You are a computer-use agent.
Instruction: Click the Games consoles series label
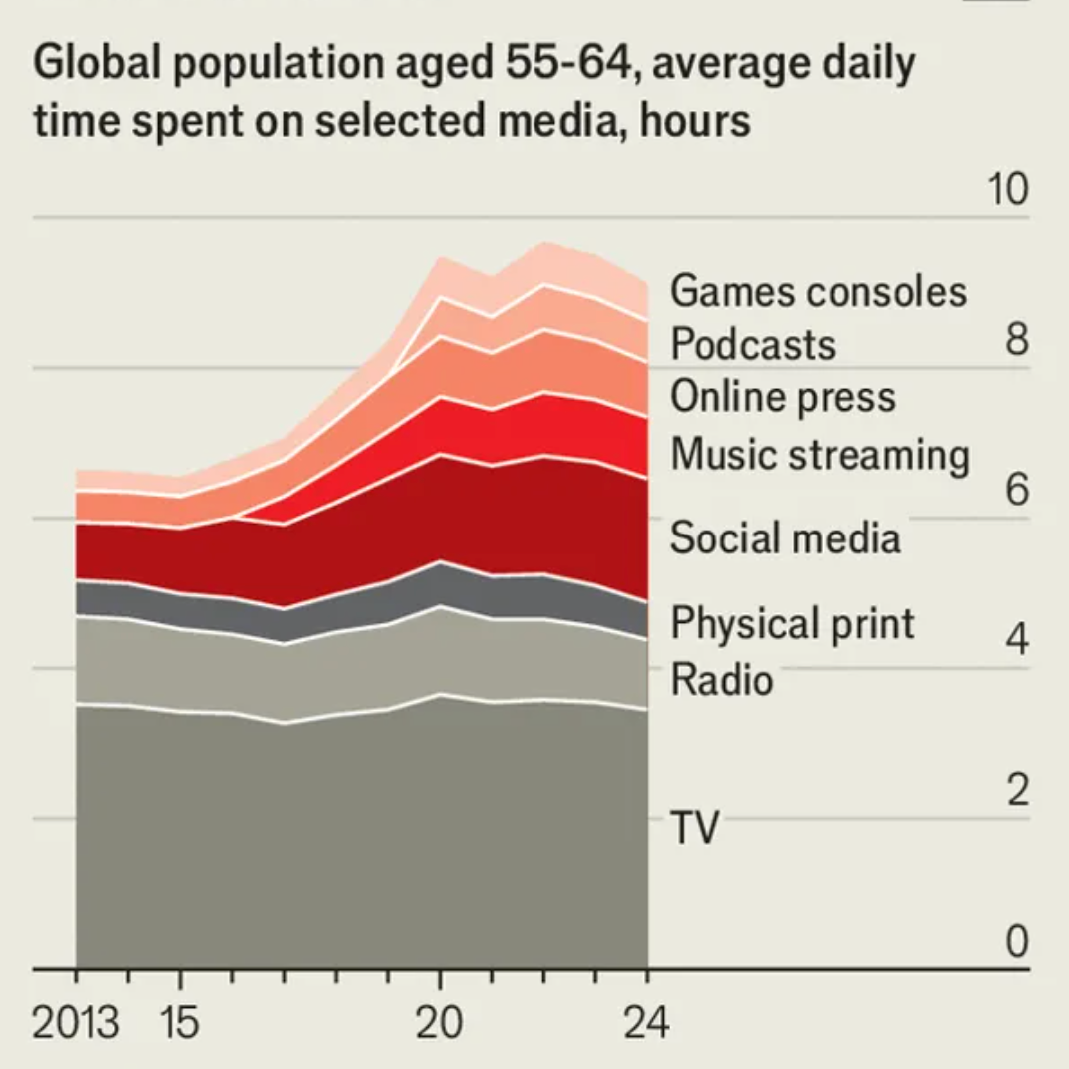pyautogui.click(x=818, y=291)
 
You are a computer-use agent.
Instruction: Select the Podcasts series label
pyautogui.click(x=753, y=344)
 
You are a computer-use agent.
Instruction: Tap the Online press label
pyautogui.click(x=783, y=397)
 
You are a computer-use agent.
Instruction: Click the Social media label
pyautogui.click(x=785, y=537)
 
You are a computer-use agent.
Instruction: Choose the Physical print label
pyautogui.click(x=792, y=624)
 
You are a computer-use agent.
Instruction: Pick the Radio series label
pyautogui.click(x=722, y=680)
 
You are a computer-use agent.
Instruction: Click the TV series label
pyautogui.click(x=694, y=828)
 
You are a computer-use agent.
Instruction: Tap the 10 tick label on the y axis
pyautogui.click(x=1008, y=189)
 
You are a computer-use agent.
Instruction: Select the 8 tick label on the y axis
pyautogui.click(x=1016, y=340)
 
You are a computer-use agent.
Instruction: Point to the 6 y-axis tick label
pyautogui.click(x=1016, y=490)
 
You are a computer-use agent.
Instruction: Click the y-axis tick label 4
pyautogui.click(x=1016, y=639)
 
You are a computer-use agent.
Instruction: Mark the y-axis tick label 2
pyautogui.click(x=1016, y=790)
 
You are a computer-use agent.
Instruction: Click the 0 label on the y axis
pyautogui.click(x=1016, y=941)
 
